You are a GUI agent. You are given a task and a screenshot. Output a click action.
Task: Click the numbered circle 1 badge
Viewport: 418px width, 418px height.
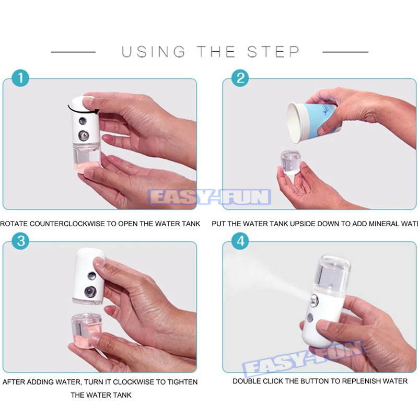pyautogui.click(x=20, y=79)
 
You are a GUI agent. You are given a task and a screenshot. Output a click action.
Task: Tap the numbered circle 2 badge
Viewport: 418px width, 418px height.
pyautogui.click(x=240, y=79)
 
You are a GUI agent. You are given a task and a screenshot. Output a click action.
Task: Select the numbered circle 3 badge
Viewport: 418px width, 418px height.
pyautogui.click(x=20, y=241)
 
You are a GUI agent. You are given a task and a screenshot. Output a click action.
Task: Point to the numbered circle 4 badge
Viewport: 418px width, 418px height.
pyautogui.click(x=240, y=241)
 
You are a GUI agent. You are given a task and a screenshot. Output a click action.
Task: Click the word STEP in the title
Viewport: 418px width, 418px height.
pyautogui.click(x=273, y=52)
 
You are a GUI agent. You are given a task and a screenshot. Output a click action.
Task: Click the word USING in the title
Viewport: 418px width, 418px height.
pyautogui.click(x=154, y=52)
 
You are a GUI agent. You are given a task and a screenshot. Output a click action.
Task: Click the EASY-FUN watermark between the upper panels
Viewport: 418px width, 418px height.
pyautogui.click(x=210, y=197)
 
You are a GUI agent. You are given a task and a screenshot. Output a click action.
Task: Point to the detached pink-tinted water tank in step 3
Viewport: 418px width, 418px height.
pyautogui.click(x=85, y=330)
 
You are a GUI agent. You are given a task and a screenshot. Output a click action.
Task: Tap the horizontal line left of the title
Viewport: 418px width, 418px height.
pyautogui.click(x=73, y=52)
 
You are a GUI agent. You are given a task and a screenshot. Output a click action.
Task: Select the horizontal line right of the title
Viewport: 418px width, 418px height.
pyautogui.click(x=345, y=52)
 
